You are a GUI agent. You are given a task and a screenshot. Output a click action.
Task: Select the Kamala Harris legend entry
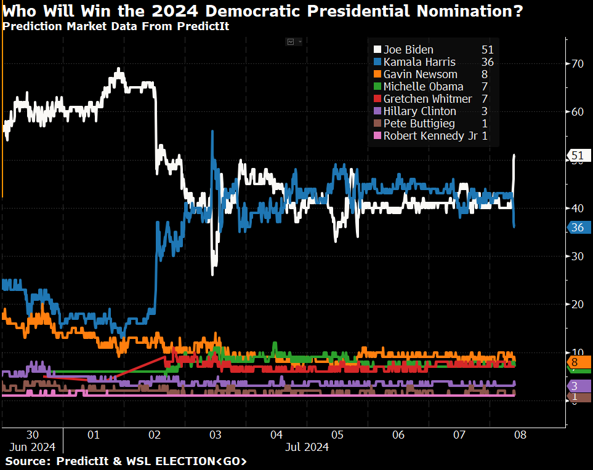(419, 62)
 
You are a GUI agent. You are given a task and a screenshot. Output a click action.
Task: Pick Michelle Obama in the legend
(423, 87)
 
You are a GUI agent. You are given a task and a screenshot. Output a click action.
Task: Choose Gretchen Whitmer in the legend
(427, 99)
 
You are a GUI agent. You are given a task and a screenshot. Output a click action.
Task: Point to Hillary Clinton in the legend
(419, 111)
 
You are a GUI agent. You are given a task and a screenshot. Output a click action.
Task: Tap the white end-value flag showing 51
(577, 155)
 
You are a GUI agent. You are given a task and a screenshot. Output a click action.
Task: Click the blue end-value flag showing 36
(578, 228)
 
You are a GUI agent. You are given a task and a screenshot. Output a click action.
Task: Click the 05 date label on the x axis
(337, 435)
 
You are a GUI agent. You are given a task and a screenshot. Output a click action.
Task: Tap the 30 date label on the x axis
(33, 435)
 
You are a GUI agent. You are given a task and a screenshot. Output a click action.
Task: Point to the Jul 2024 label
(307, 447)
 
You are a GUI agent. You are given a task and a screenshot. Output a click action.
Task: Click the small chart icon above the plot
(291, 41)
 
